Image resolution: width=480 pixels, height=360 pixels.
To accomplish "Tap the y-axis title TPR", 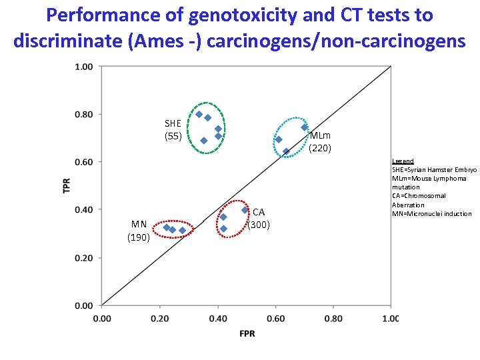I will click(x=67, y=185).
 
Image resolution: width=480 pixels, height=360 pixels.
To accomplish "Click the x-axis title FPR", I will click(x=247, y=333).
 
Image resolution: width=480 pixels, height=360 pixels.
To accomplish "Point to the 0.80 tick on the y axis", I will click(x=84, y=114).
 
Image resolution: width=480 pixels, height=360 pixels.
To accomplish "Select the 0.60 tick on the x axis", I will click(x=275, y=319).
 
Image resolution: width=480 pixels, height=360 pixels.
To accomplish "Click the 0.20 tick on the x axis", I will click(x=159, y=319).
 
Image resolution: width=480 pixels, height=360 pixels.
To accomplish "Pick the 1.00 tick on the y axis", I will click(x=84, y=66).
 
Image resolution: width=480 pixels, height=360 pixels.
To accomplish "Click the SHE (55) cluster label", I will click(x=173, y=130).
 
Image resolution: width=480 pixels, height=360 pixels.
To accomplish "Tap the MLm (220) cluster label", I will click(x=320, y=142).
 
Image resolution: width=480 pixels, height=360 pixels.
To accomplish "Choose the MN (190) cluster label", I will click(x=139, y=231).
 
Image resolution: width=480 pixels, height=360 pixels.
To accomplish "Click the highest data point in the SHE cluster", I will click(x=199, y=114).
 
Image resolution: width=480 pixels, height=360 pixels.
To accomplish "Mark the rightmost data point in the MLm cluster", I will click(x=304, y=127).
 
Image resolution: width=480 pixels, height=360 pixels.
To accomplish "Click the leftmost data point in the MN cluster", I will click(x=166, y=227).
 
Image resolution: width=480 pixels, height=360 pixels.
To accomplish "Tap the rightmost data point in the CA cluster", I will click(x=245, y=210).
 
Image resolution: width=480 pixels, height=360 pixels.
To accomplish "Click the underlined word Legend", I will click(x=403, y=161).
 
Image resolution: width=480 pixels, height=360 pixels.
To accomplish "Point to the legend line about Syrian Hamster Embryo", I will click(x=434, y=170).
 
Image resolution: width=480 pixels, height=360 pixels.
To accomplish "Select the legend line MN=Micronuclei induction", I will click(x=431, y=213).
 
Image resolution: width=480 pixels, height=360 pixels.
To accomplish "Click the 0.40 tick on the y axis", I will click(x=84, y=210).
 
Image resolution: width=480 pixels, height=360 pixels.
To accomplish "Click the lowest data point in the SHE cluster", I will click(x=203, y=141).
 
